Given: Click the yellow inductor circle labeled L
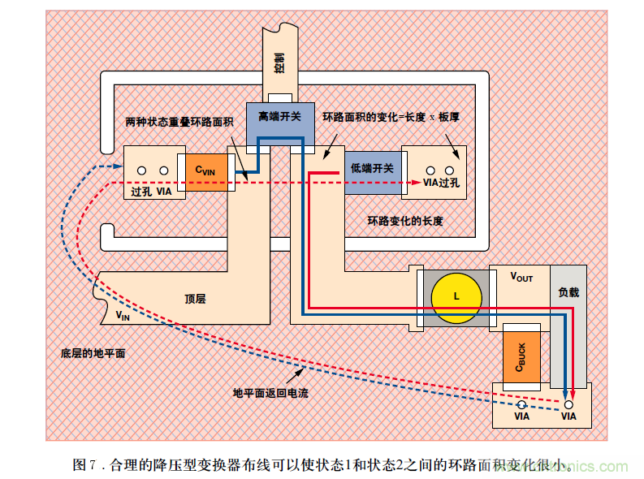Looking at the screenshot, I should click(456, 296).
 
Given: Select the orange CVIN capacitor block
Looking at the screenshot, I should click(205, 170).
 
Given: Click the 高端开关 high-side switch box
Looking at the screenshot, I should click(279, 117).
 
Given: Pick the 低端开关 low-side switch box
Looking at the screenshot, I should click(372, 168).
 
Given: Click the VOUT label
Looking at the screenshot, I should click(521, 277).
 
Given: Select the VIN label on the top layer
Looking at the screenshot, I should click(122, 315).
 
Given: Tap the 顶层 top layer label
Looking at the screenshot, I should click(195, 299).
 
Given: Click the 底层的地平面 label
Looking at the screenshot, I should click(93, 354).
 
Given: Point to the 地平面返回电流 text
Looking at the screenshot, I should click(270, 393).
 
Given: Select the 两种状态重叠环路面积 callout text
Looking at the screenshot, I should click(179, 122).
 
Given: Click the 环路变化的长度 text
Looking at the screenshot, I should click(405, 221).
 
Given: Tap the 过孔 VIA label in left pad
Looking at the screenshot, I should click(151, 192).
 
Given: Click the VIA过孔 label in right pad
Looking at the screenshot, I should click(441, 183).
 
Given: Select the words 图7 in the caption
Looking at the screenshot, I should click(84, 465).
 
